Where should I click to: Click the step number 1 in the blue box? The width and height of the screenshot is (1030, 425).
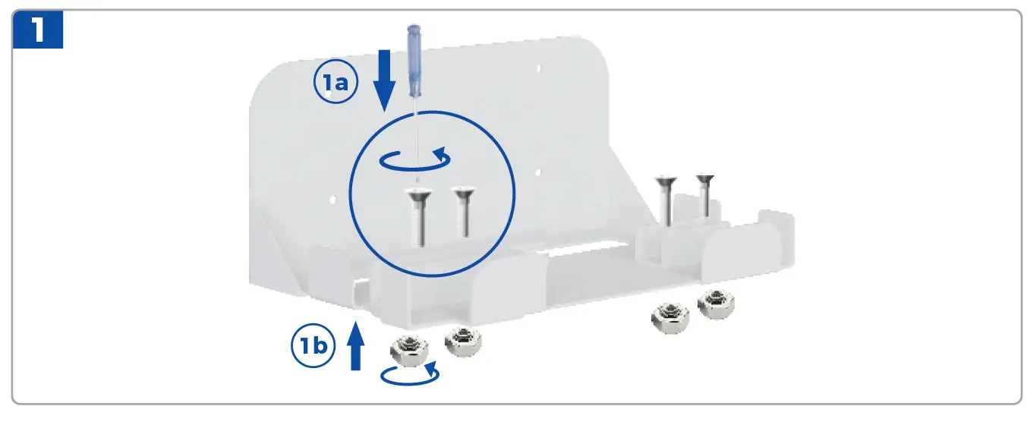pos(37,30)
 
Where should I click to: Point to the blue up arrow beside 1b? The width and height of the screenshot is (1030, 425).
pos(355,345)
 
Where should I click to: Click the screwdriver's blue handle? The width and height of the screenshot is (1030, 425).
pos(414,61)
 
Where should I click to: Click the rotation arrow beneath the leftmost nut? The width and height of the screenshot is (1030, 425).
pos(410,373)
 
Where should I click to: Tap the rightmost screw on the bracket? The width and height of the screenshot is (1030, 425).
pos(705,194)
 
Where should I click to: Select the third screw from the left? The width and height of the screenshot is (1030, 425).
pos(666,199)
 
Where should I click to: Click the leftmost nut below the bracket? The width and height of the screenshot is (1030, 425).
pos(408,351)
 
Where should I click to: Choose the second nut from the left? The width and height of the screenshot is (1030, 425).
pos(462,342)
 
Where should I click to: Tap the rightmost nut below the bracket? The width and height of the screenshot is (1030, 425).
pos(715,304)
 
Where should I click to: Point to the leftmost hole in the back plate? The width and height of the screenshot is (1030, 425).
pos(332,200)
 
